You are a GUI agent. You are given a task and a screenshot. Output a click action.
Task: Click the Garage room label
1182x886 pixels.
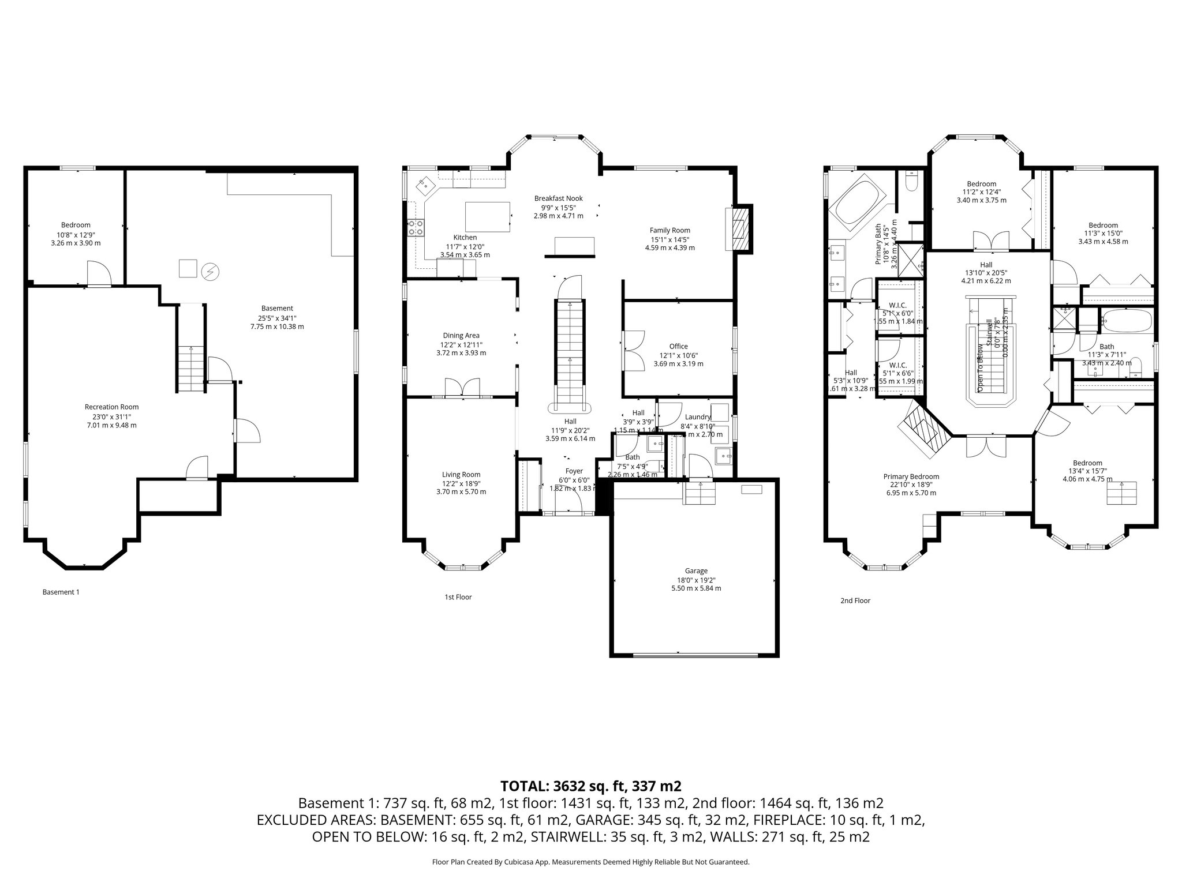coord(697,570)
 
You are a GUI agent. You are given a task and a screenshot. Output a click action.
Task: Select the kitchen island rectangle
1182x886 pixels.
coord(488,216)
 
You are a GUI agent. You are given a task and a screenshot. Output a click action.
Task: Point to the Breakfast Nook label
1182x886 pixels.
coord(558,198)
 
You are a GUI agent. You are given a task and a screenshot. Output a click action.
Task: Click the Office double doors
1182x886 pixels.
coord(635,350)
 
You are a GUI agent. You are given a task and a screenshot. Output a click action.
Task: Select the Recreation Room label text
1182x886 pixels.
coord(111,407)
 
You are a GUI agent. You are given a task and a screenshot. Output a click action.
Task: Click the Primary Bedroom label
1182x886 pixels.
coord(911,476)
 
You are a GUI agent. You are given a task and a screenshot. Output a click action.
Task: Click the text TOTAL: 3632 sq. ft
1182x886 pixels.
coord(590,786)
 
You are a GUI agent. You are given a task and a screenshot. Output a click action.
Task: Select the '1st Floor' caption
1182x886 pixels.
coord(458,597)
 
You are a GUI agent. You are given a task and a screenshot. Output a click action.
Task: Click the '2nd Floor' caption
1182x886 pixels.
coord(855,600)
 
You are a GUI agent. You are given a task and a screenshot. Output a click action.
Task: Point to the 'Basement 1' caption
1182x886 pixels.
coord(61,592)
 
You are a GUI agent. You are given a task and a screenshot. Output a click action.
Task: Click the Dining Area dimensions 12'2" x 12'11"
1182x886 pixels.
coord(461,344)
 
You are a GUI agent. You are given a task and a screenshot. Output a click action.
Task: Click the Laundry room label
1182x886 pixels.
coord(697,417)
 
